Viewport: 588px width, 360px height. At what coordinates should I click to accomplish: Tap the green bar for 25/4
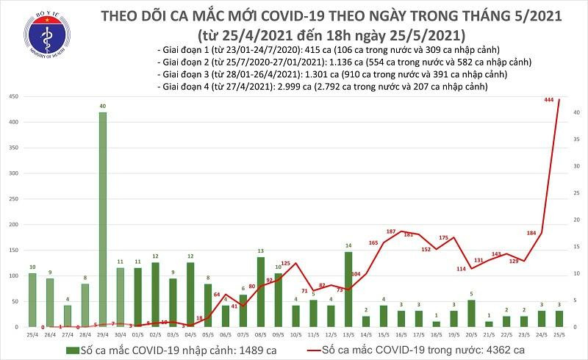32,300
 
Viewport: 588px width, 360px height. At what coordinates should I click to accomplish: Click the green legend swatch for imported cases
71,350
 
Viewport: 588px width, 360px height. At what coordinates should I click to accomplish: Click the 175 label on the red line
443,237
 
